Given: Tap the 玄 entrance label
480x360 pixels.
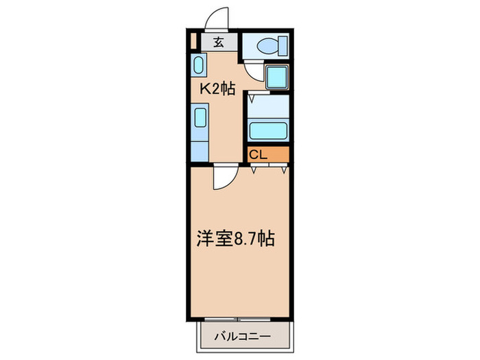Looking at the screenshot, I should click(218, 43).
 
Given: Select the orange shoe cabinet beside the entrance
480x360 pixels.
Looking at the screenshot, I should click(193, 42).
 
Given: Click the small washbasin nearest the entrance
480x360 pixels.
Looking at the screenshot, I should click(197, 67).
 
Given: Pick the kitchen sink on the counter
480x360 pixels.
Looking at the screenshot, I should click(199, 117).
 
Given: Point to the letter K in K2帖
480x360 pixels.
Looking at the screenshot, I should click(204, 89).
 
